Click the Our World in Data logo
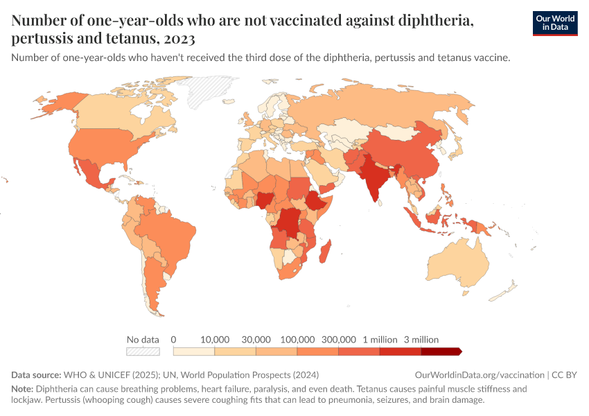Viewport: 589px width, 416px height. pyautogui.click(x=554, y=23)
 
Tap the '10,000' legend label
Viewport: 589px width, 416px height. pyautogui.click(x=215, y=340)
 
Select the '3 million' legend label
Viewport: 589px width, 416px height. pyautogui.click(x=421, y=340)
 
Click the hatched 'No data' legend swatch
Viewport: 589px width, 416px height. pyautogui.click(x=143, y=352)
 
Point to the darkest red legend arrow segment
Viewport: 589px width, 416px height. pyautogui.click(x=441, y=352)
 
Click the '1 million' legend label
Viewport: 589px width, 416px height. pyautogui.click(x=379, y=340)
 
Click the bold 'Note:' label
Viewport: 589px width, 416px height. pyautogui.click(x=22, y=389)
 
